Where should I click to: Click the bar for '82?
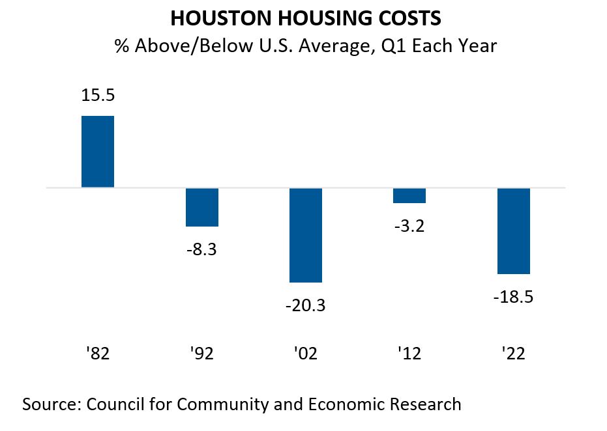pyautogui.click(x=98, y=152)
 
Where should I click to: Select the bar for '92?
pyautogui.click(x=201, y=207)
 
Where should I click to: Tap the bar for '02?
pyautogui.click(x=306, y=235)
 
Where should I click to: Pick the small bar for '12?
pyautogui.click(x=409, y=196)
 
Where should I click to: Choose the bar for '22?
pyautogui.click(x=514, y=231)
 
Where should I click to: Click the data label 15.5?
pyautogui.click(x=98, y=95)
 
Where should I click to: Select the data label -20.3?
pyautogui.click(x=306, y=304)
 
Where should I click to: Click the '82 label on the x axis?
pyautogui.click(x=98, y=354)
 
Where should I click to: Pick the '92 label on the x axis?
pyautogui.click(x=201, y=354)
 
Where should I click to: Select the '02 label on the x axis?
pyautogui.click(x=306, y=354)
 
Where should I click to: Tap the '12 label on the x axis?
pyautogui.click(x=409, y=354)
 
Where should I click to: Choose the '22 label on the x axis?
pyautogui.click(x=514, y=354)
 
